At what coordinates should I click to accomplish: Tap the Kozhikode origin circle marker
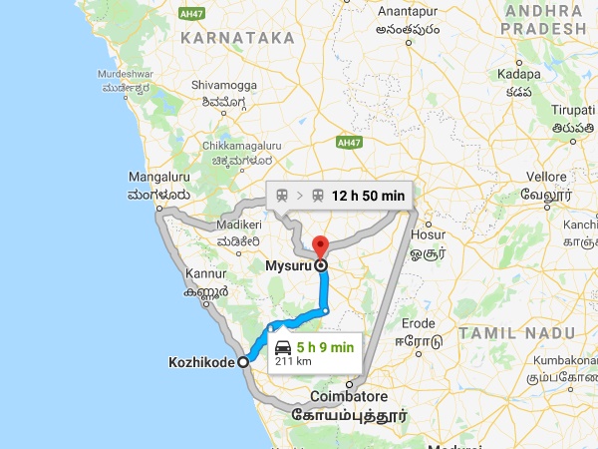tap(242, 363)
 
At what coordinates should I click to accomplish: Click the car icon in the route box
tap(282, 348)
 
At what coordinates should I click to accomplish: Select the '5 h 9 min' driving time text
tap(325, 348)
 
